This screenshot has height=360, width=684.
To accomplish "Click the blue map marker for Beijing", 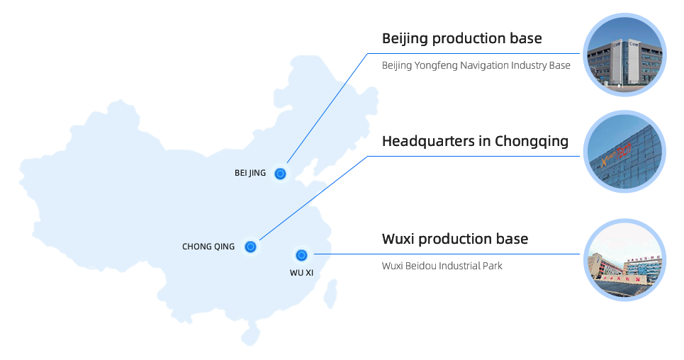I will (x=281, y=174).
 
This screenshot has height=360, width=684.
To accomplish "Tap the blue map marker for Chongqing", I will (x=250, y=247).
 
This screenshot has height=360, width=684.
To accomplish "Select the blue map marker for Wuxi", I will (x=301, y=255).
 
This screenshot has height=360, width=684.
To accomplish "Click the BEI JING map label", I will (x=250, y=173).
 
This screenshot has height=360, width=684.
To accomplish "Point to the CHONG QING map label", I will (x=208, y=247).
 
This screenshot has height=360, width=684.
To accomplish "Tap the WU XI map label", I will (x=301, y=272).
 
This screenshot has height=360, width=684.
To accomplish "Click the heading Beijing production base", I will (x=461, y=38).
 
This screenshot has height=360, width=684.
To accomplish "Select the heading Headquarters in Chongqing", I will (x=475, y=141).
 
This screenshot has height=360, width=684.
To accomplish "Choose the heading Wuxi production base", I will (x=455, y=238).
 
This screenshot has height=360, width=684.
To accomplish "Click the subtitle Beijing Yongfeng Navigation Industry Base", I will (x=476, y=65).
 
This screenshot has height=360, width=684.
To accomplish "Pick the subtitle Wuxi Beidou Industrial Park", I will (x=442, y=266).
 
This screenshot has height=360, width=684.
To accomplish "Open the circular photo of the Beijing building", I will (x=624, y=55).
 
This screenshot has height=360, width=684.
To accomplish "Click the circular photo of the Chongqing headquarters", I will (x=624, y=151).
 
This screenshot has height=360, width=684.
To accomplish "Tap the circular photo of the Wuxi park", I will (x=624, y=260).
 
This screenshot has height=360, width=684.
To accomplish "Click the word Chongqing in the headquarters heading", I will (x=532, y=141).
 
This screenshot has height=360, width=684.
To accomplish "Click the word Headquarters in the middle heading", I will (x=428, y=141).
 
